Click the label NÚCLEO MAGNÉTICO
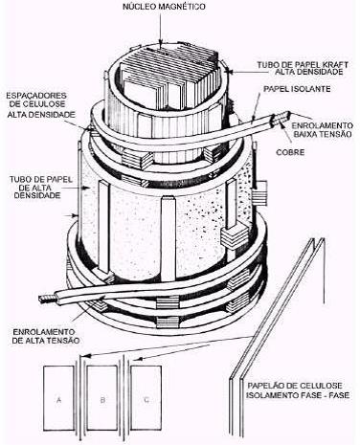point(164,7)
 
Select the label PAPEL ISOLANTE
point(297,89)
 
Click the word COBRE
point(290,152)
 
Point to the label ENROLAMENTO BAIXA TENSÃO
point(323,129)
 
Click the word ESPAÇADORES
point(36,96)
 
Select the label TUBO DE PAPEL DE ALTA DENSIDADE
point(40,188)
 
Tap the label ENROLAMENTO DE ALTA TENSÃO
point(46,336)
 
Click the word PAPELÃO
point(266,386)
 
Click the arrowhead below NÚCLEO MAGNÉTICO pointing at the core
point(161,42)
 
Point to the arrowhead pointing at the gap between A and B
point(83,357)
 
